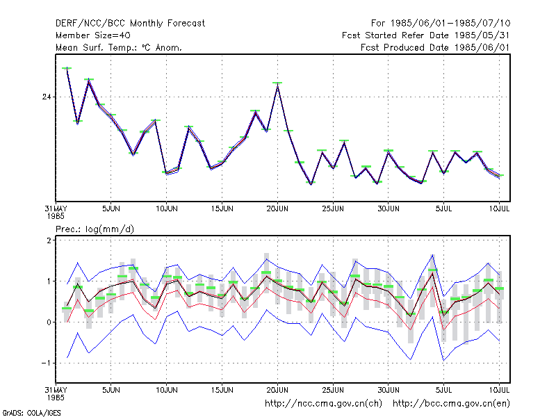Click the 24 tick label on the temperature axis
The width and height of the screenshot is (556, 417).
(47, 97)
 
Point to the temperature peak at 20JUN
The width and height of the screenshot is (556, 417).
(277, 84)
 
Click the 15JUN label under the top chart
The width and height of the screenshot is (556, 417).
(222, 208)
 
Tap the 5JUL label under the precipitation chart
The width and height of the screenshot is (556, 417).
(443, 390)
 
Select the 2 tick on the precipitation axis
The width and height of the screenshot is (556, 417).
(49, 240)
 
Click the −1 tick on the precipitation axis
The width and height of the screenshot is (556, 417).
(46, 363)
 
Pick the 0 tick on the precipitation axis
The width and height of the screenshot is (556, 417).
(49, 322)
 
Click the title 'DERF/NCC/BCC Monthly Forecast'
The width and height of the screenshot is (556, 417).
(130, 24)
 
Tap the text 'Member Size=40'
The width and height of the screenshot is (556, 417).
(93, 35)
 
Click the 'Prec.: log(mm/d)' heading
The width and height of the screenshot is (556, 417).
(95, 229)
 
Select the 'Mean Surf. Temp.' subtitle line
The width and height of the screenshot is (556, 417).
(118, 47)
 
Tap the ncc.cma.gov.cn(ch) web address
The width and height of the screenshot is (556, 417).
(323, 404)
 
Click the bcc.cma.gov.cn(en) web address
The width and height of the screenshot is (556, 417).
(451, 404)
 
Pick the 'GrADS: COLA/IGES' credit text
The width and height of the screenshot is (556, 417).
(31, 413)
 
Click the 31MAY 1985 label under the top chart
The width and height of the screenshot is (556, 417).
(56, 212)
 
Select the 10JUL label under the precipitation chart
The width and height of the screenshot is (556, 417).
(499, 390)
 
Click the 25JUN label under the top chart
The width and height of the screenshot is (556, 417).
(333, 208)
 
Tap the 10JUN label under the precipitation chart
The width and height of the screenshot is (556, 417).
(167, 390)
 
